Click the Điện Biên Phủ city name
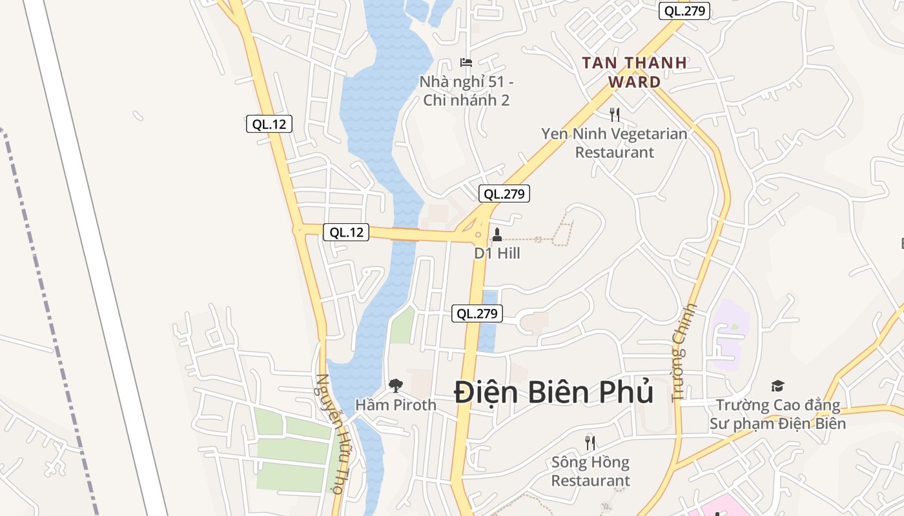click(553, 392)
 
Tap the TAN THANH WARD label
click(634, 72)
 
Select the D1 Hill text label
click(497, 253)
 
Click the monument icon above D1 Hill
click(497, 234)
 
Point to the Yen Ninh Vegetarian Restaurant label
click(614, 143)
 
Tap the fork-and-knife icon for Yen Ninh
click(614, 115)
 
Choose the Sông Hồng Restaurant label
click(590, 471)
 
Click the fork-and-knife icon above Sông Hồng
click(590, 442)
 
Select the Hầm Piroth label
click(396, 405)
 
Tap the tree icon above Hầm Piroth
click(395, 386)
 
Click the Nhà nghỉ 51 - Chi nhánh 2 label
click(466, 91)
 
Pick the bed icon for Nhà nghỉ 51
click(466, 63)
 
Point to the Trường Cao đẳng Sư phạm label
click(777, 414)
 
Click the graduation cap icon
click(777, 386)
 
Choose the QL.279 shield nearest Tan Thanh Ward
click(684, 11)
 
